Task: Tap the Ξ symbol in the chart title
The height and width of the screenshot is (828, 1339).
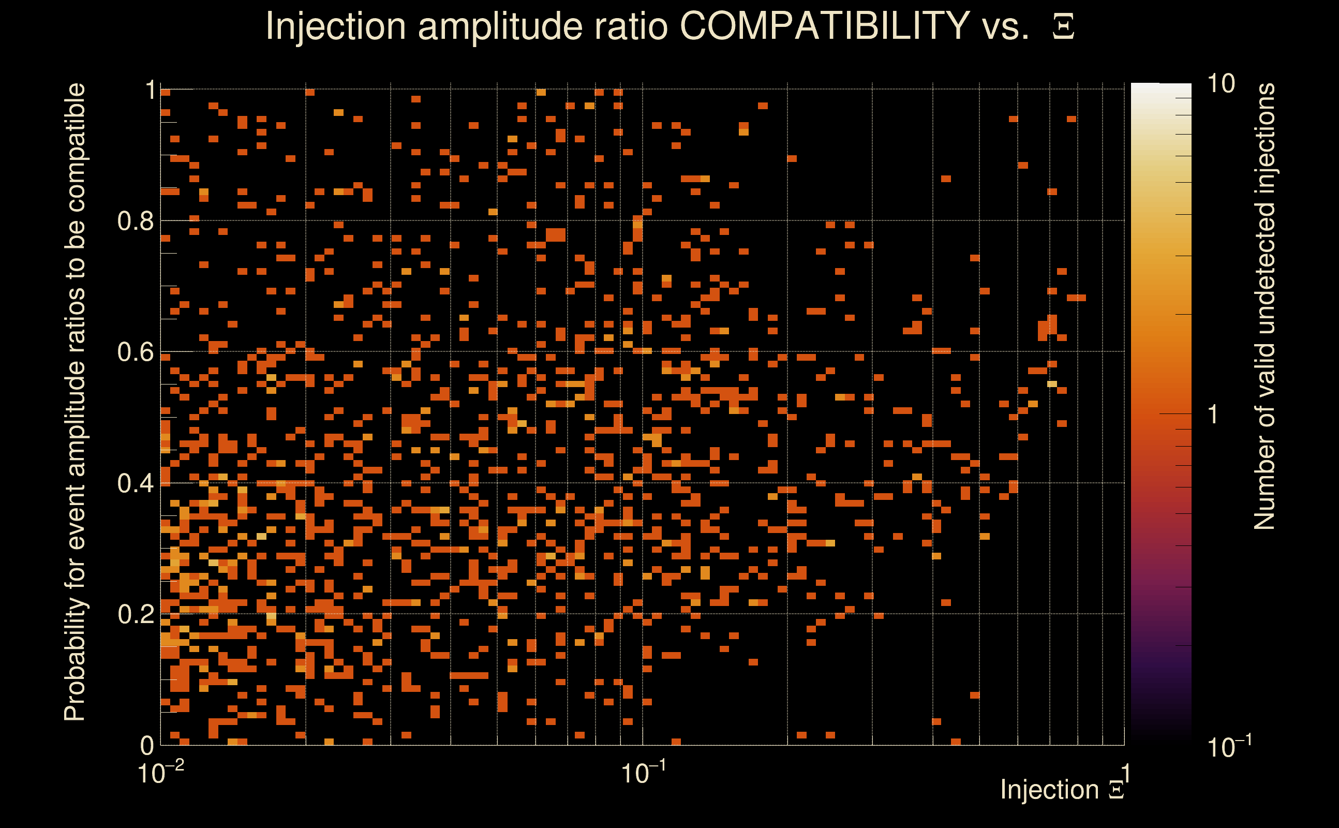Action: (1063, 27)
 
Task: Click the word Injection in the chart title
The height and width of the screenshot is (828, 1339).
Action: (335, 26)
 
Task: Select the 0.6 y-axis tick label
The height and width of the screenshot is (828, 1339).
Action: (136, 351)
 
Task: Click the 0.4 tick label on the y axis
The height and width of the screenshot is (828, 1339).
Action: (136, 483)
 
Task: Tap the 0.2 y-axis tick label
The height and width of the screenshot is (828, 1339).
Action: (136, 614)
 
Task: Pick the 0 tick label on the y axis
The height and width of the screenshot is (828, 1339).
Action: (147, 745)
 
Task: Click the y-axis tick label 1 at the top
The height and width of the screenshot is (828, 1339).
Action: (151, 90)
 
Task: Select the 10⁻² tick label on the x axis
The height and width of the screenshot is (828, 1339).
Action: (160, 772)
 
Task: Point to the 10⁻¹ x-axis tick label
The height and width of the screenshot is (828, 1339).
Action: (643, 772)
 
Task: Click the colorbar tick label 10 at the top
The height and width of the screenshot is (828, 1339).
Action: (1221, 84)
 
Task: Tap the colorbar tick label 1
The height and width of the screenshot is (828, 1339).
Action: (1213, 415)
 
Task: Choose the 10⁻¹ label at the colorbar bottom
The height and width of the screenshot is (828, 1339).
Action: (1228, 746)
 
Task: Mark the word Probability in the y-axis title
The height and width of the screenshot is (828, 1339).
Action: (75, 659)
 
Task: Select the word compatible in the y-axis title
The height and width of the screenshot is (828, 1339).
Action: (75, 148)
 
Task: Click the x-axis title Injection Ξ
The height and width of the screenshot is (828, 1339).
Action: (1062, 790)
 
